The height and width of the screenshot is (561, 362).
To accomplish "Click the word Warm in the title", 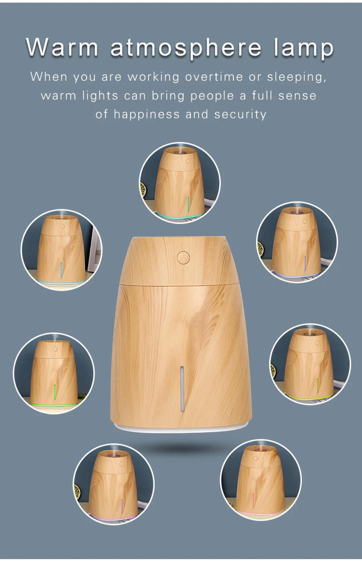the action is tap(62, 47).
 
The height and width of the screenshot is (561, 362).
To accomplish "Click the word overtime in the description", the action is tap(214, 77).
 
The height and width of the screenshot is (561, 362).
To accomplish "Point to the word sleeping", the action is tap(296, 77).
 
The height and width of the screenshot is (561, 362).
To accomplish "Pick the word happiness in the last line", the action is tap(147, 114).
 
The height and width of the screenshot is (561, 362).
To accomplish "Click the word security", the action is tap(240, 114).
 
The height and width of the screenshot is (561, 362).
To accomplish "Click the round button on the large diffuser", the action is tap(183, 258).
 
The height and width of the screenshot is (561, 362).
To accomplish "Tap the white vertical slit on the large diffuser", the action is tap(182, 389).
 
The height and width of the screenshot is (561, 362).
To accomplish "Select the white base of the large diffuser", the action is tap(181, 427).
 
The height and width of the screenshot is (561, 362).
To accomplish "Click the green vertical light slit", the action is tap(55, 391).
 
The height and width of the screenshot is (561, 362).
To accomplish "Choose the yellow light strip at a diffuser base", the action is tap(310, 398).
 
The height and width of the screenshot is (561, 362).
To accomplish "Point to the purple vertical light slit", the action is tap(122, 506).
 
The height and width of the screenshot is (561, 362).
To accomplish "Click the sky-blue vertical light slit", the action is tap(61, 270).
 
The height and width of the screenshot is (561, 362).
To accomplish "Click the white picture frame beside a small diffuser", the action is tap(95, 249).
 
